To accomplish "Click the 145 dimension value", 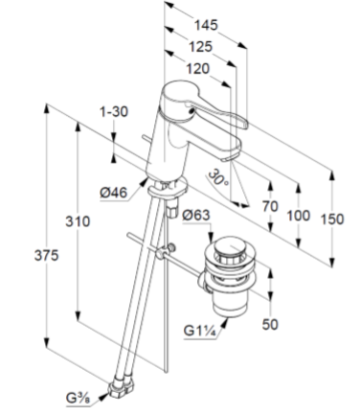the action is click(206, 25).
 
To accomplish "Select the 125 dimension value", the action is click(200, 47).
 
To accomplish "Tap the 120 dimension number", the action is click(198, 69).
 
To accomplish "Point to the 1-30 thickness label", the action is click(114, 112).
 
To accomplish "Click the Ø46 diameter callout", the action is click(113, 193).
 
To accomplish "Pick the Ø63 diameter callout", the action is click(196, 215).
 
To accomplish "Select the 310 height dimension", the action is click(78, 221).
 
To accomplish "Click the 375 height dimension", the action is click(47, 256).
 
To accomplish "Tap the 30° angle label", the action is click(218, 178).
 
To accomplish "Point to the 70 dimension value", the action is click(270, 207).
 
